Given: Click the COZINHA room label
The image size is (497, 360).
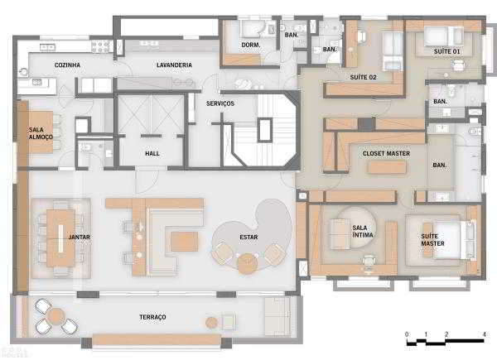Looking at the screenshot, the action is (67, 65).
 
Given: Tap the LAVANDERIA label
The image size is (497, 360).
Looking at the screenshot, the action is (174, 65).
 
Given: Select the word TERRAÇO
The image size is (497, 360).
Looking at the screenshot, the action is (152, 317).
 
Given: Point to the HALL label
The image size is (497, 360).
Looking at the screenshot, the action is (152, 154).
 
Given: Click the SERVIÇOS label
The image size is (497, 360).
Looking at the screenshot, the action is (220, 103).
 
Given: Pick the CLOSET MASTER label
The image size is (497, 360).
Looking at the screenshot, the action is (386, 154).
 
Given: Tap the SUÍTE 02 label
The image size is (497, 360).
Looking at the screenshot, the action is (364, 77).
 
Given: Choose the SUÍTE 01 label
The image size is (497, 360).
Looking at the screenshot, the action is (446, 51).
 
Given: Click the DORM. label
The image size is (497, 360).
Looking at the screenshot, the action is (251, 45).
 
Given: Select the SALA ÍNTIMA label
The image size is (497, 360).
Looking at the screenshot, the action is (363, 232).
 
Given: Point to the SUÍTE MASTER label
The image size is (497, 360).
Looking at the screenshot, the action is (432, 240).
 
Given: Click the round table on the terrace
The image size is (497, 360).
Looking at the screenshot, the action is (56, 316).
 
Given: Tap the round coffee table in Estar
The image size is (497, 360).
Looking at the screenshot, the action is (248, 263).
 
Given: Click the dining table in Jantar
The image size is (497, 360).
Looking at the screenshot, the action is (60, 238).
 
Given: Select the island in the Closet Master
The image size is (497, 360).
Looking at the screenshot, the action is (387, 167).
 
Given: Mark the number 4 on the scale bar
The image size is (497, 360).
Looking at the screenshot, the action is (484, 334).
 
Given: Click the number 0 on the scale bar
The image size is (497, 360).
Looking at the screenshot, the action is (407, 334).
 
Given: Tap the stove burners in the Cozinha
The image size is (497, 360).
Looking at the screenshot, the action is (100, 47).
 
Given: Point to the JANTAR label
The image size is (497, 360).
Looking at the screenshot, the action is (80, 237).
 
